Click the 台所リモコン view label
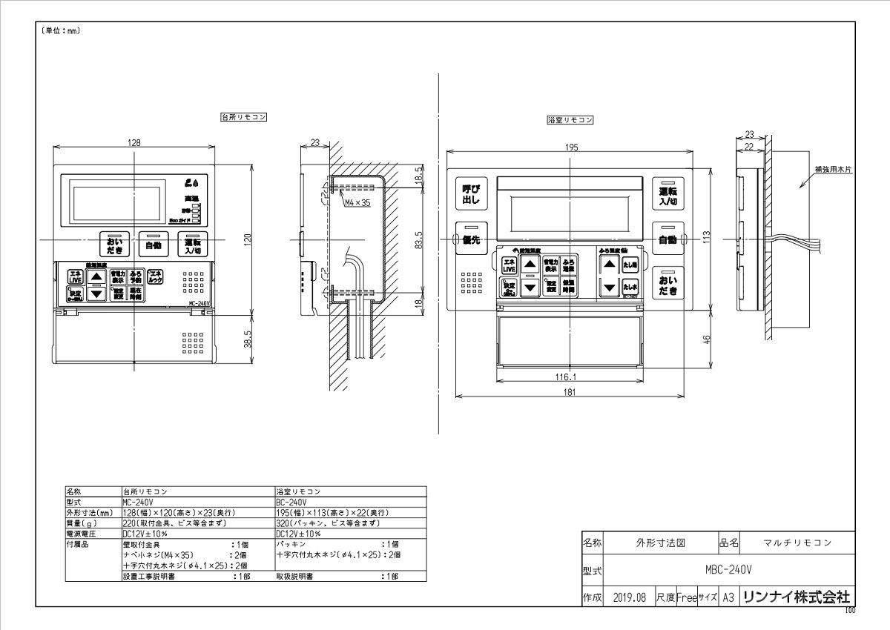pyautogui.click(x=244, y=117)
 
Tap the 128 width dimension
pyautogui.click(x=133, y=142)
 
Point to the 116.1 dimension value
pyautogui.click(x=566, y=377)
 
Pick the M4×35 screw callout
pyautogui.click(x=357, y=202)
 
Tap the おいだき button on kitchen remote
pyautogui.click(x=114, y=245)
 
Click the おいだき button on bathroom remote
pyautogui.click(x=669, y=285)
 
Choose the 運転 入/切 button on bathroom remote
pyautogui.click(x=668, y=195)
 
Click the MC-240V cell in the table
pyautogui.click(x=136, y=502)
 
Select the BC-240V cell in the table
pyautogui.click(x=290, y=502)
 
